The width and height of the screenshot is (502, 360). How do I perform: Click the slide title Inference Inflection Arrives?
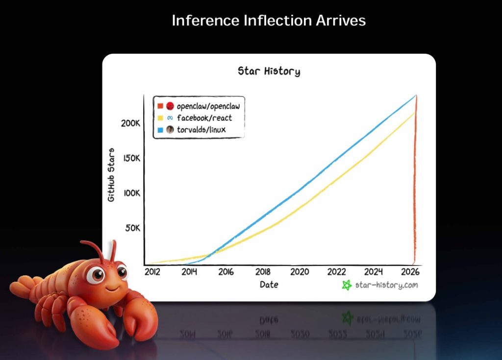tap(269, 21)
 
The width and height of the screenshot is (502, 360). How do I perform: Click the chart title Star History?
tap(269, 71)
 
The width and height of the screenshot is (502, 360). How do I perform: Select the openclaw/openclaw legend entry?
tap(199, 106)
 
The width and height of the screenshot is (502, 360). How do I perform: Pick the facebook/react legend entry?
tap(195, 118)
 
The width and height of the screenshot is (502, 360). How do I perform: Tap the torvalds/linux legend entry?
tap(192, 130)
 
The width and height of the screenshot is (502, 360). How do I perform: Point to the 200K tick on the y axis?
tap(130, 123)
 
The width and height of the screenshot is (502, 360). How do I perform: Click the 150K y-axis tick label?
tap(132, 158)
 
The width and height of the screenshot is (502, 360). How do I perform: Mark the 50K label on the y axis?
tap(132, 228)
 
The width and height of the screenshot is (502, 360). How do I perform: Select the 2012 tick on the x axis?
tap(152, 272)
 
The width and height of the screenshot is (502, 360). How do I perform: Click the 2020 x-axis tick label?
tap(300, 272)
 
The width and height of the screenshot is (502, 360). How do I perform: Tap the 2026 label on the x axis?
tap(410, 272)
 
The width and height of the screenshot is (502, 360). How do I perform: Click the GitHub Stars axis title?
tap(111, 175)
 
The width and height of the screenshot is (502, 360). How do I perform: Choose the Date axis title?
tap(269, 285)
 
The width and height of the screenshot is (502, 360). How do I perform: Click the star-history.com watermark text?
tap(386, 285)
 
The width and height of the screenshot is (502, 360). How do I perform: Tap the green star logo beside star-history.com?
tap(347, 285)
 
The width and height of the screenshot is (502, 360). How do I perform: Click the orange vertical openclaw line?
tap(415, 179)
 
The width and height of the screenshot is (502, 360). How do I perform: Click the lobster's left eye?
tap(97, 274)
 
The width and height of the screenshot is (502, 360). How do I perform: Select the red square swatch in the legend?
tap(160, 106)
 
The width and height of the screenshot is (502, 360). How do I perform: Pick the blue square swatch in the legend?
tap(160, 130)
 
